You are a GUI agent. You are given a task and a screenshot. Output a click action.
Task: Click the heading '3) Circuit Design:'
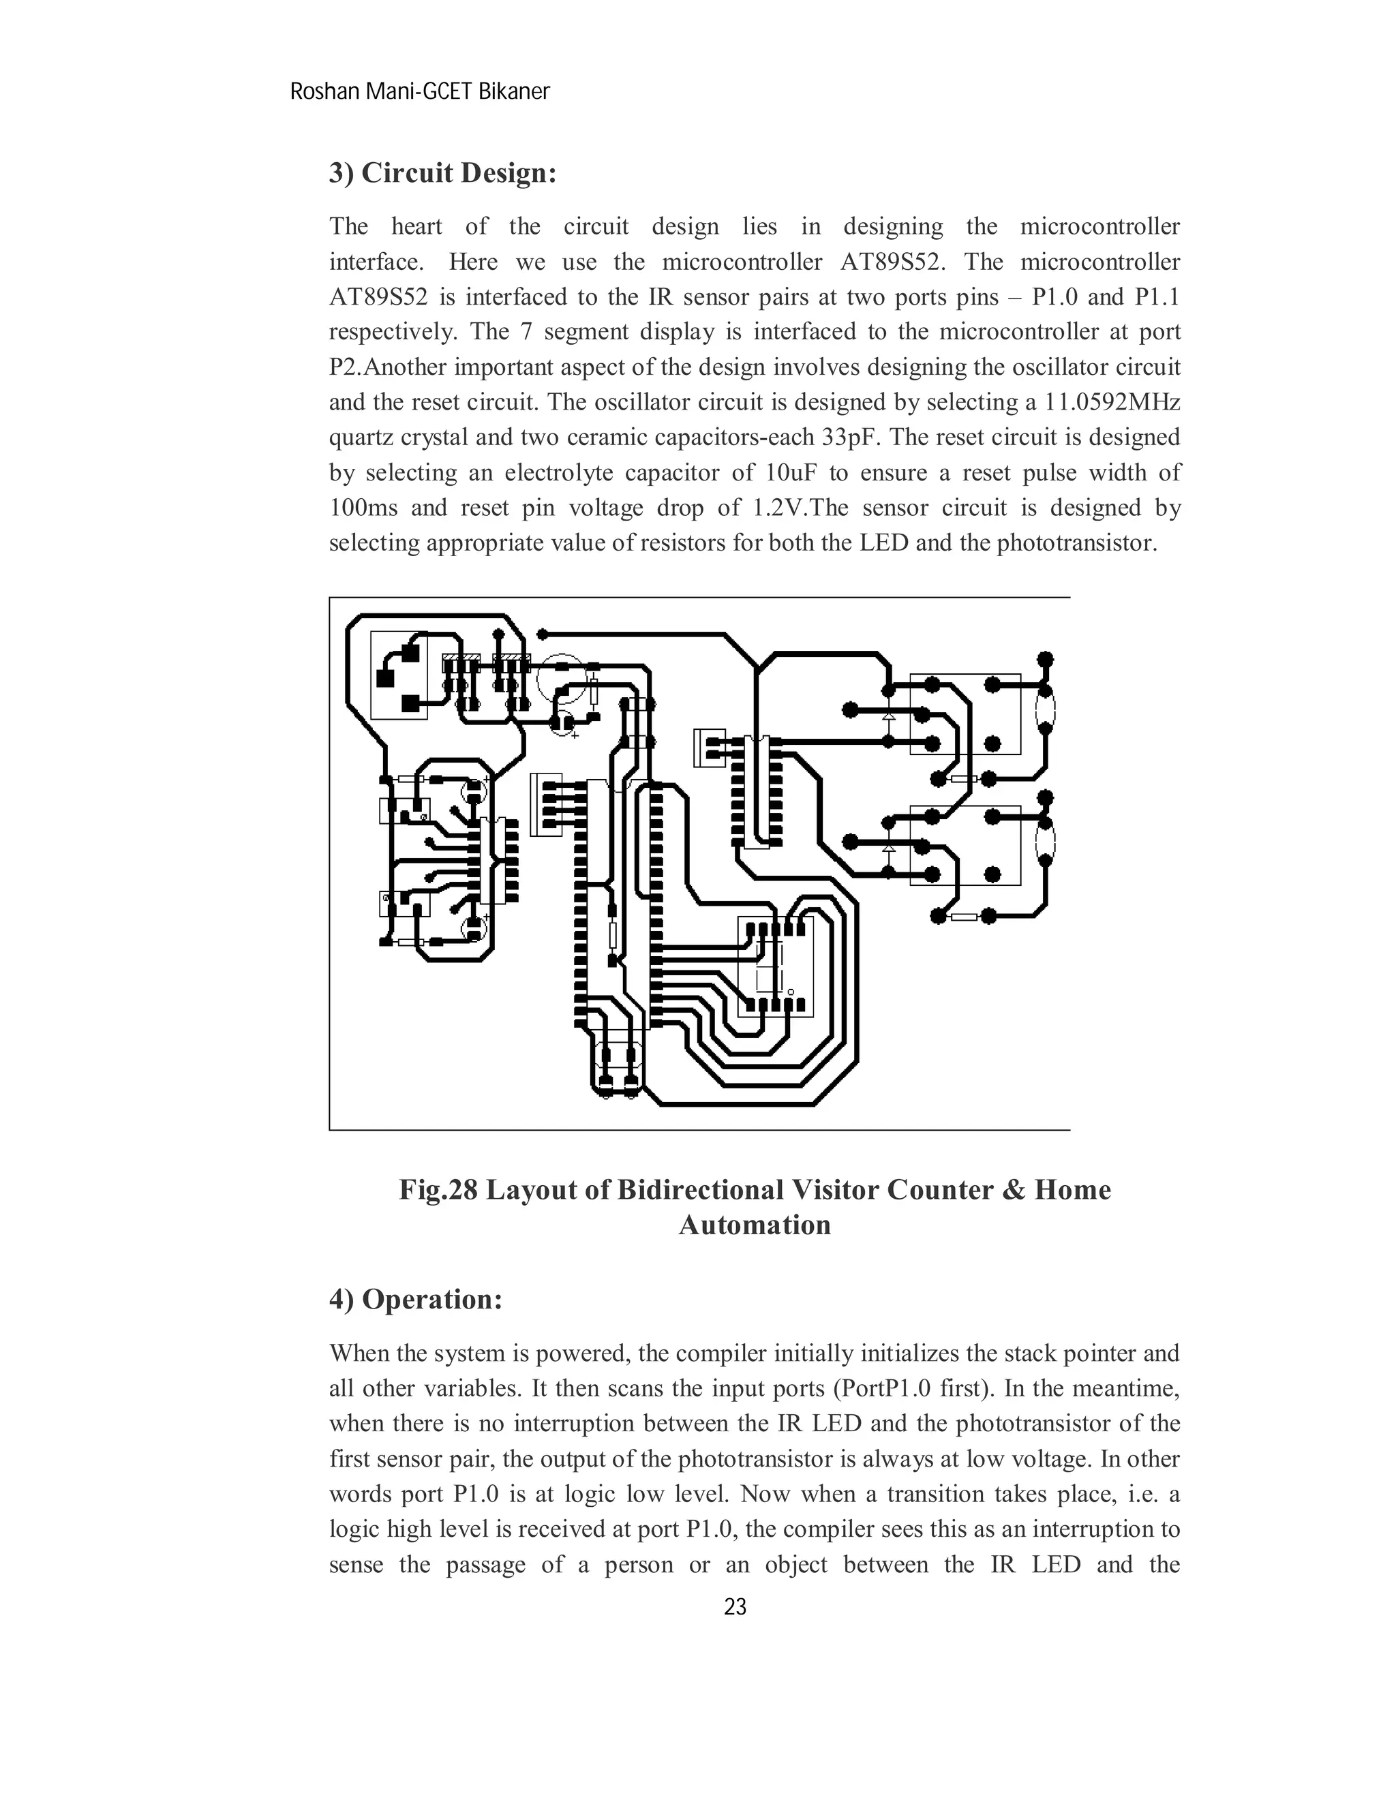point(442,173)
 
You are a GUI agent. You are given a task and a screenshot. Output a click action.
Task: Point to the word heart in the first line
point(416,226)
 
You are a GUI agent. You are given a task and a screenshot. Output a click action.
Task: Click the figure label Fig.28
point(438,1190)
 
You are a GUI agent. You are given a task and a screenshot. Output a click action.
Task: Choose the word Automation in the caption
point(755,1225)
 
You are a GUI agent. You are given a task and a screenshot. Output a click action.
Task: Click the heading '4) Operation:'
point(416,1299)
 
